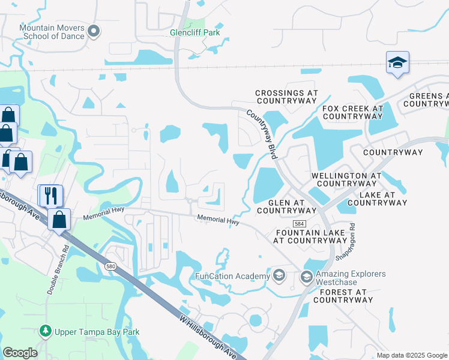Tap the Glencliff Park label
click(195, 32)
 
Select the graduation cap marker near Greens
click(397, 63)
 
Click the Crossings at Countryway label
click(286, 97)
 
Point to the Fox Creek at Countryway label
click(352, 112)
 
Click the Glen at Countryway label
click(286, 206)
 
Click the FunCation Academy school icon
click(279, 276)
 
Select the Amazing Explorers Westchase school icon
click(306, 277)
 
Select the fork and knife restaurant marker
click(50, 194)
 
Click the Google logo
click(20, 353)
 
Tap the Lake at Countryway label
click(378, 199)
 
